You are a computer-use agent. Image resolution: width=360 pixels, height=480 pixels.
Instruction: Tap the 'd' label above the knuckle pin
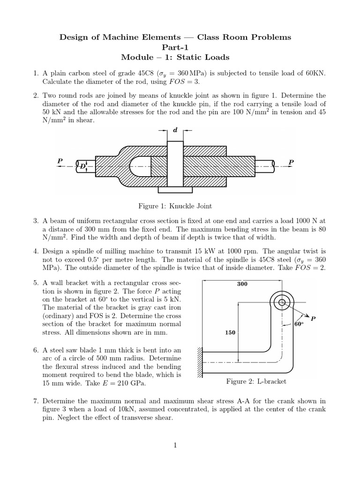(175, 130)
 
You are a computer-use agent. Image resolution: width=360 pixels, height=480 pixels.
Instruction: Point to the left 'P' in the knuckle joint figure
(60, 161)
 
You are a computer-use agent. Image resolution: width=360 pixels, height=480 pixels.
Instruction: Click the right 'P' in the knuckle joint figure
(291, 162)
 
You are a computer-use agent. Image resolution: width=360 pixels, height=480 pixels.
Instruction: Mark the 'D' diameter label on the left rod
(82, 165)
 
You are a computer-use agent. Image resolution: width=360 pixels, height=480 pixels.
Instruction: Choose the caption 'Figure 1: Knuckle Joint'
(175, 206)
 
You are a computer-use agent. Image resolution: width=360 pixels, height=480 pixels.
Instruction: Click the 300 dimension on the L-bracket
(243, 284)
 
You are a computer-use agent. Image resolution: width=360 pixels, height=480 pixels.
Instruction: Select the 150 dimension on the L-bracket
(230, 332)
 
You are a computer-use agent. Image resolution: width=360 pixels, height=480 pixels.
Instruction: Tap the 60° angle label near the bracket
(299, 324)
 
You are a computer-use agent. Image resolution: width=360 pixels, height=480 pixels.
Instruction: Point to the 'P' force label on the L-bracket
(313, 319)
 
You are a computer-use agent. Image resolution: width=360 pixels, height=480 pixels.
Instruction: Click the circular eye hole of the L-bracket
(282, 303)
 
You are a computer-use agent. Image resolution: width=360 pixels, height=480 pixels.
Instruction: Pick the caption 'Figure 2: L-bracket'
(256, 381)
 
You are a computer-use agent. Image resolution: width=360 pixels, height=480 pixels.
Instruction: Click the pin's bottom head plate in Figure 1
(175, 190)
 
